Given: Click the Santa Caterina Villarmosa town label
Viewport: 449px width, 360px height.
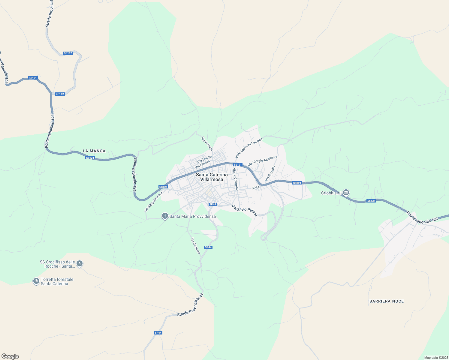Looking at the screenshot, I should pos(212,177).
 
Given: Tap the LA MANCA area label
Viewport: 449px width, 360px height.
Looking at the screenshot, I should pos(94,151).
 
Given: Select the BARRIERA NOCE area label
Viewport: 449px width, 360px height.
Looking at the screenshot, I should pos(387,301).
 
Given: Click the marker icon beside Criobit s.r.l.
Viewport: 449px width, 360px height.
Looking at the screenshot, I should pos(346,192).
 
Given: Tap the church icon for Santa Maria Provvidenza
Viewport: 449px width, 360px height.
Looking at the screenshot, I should pos(165,216).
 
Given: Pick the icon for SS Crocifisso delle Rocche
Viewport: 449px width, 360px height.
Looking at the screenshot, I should pos(80,264).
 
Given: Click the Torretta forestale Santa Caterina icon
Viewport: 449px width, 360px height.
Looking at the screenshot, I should pos(36,281).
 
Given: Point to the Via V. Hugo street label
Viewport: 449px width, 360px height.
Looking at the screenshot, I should pos(207,144).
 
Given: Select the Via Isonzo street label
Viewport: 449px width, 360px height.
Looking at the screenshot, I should pos(204,159).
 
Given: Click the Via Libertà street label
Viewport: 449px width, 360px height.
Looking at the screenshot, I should pos(202,164).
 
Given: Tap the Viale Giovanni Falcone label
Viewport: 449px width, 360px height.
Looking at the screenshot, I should pos(249,148).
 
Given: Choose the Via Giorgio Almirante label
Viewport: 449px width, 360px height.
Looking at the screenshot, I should pos(263,161).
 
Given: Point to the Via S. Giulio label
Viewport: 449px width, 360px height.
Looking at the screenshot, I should pos(270,173).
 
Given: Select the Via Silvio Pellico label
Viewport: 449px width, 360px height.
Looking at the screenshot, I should pos(245,210).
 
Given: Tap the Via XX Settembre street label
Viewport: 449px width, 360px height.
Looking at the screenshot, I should pos(153,202).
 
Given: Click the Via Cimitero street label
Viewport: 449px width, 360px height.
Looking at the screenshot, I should pos(195,246).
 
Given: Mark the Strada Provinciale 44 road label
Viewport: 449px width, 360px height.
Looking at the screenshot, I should pos(190,305).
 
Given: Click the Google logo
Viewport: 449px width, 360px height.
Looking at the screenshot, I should pos(10,356).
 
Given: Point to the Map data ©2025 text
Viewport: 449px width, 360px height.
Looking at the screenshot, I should pos(436,358).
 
